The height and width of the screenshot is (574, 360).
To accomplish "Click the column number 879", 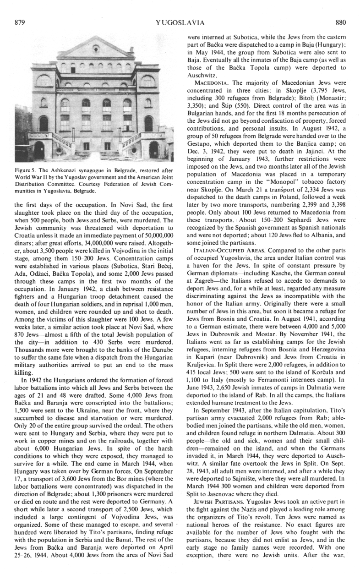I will (x=20, y=22).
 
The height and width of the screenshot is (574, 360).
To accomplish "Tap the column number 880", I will (x=341, y=22).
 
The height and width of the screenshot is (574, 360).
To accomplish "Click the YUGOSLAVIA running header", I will (x=180, y=22).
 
